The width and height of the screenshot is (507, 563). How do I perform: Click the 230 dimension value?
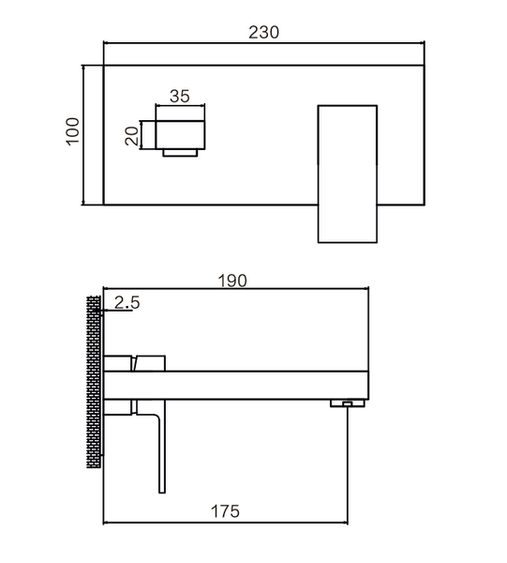tap(263, 32)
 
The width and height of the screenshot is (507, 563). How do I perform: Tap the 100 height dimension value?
tap(72, 131)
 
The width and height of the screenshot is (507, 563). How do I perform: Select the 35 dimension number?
tap(179, 97)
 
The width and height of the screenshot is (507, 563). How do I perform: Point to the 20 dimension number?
tap(131, 136)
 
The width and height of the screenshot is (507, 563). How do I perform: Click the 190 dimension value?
tap(232, 281)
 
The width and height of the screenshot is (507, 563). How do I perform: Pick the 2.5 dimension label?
tap(127, 303)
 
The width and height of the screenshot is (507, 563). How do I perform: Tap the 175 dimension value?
tap(225, 511)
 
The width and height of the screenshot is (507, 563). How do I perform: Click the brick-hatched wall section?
tap(94, 382)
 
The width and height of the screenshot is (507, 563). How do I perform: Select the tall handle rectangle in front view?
tap(347, 175)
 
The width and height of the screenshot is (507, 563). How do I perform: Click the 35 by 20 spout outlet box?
tap(180, 134)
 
